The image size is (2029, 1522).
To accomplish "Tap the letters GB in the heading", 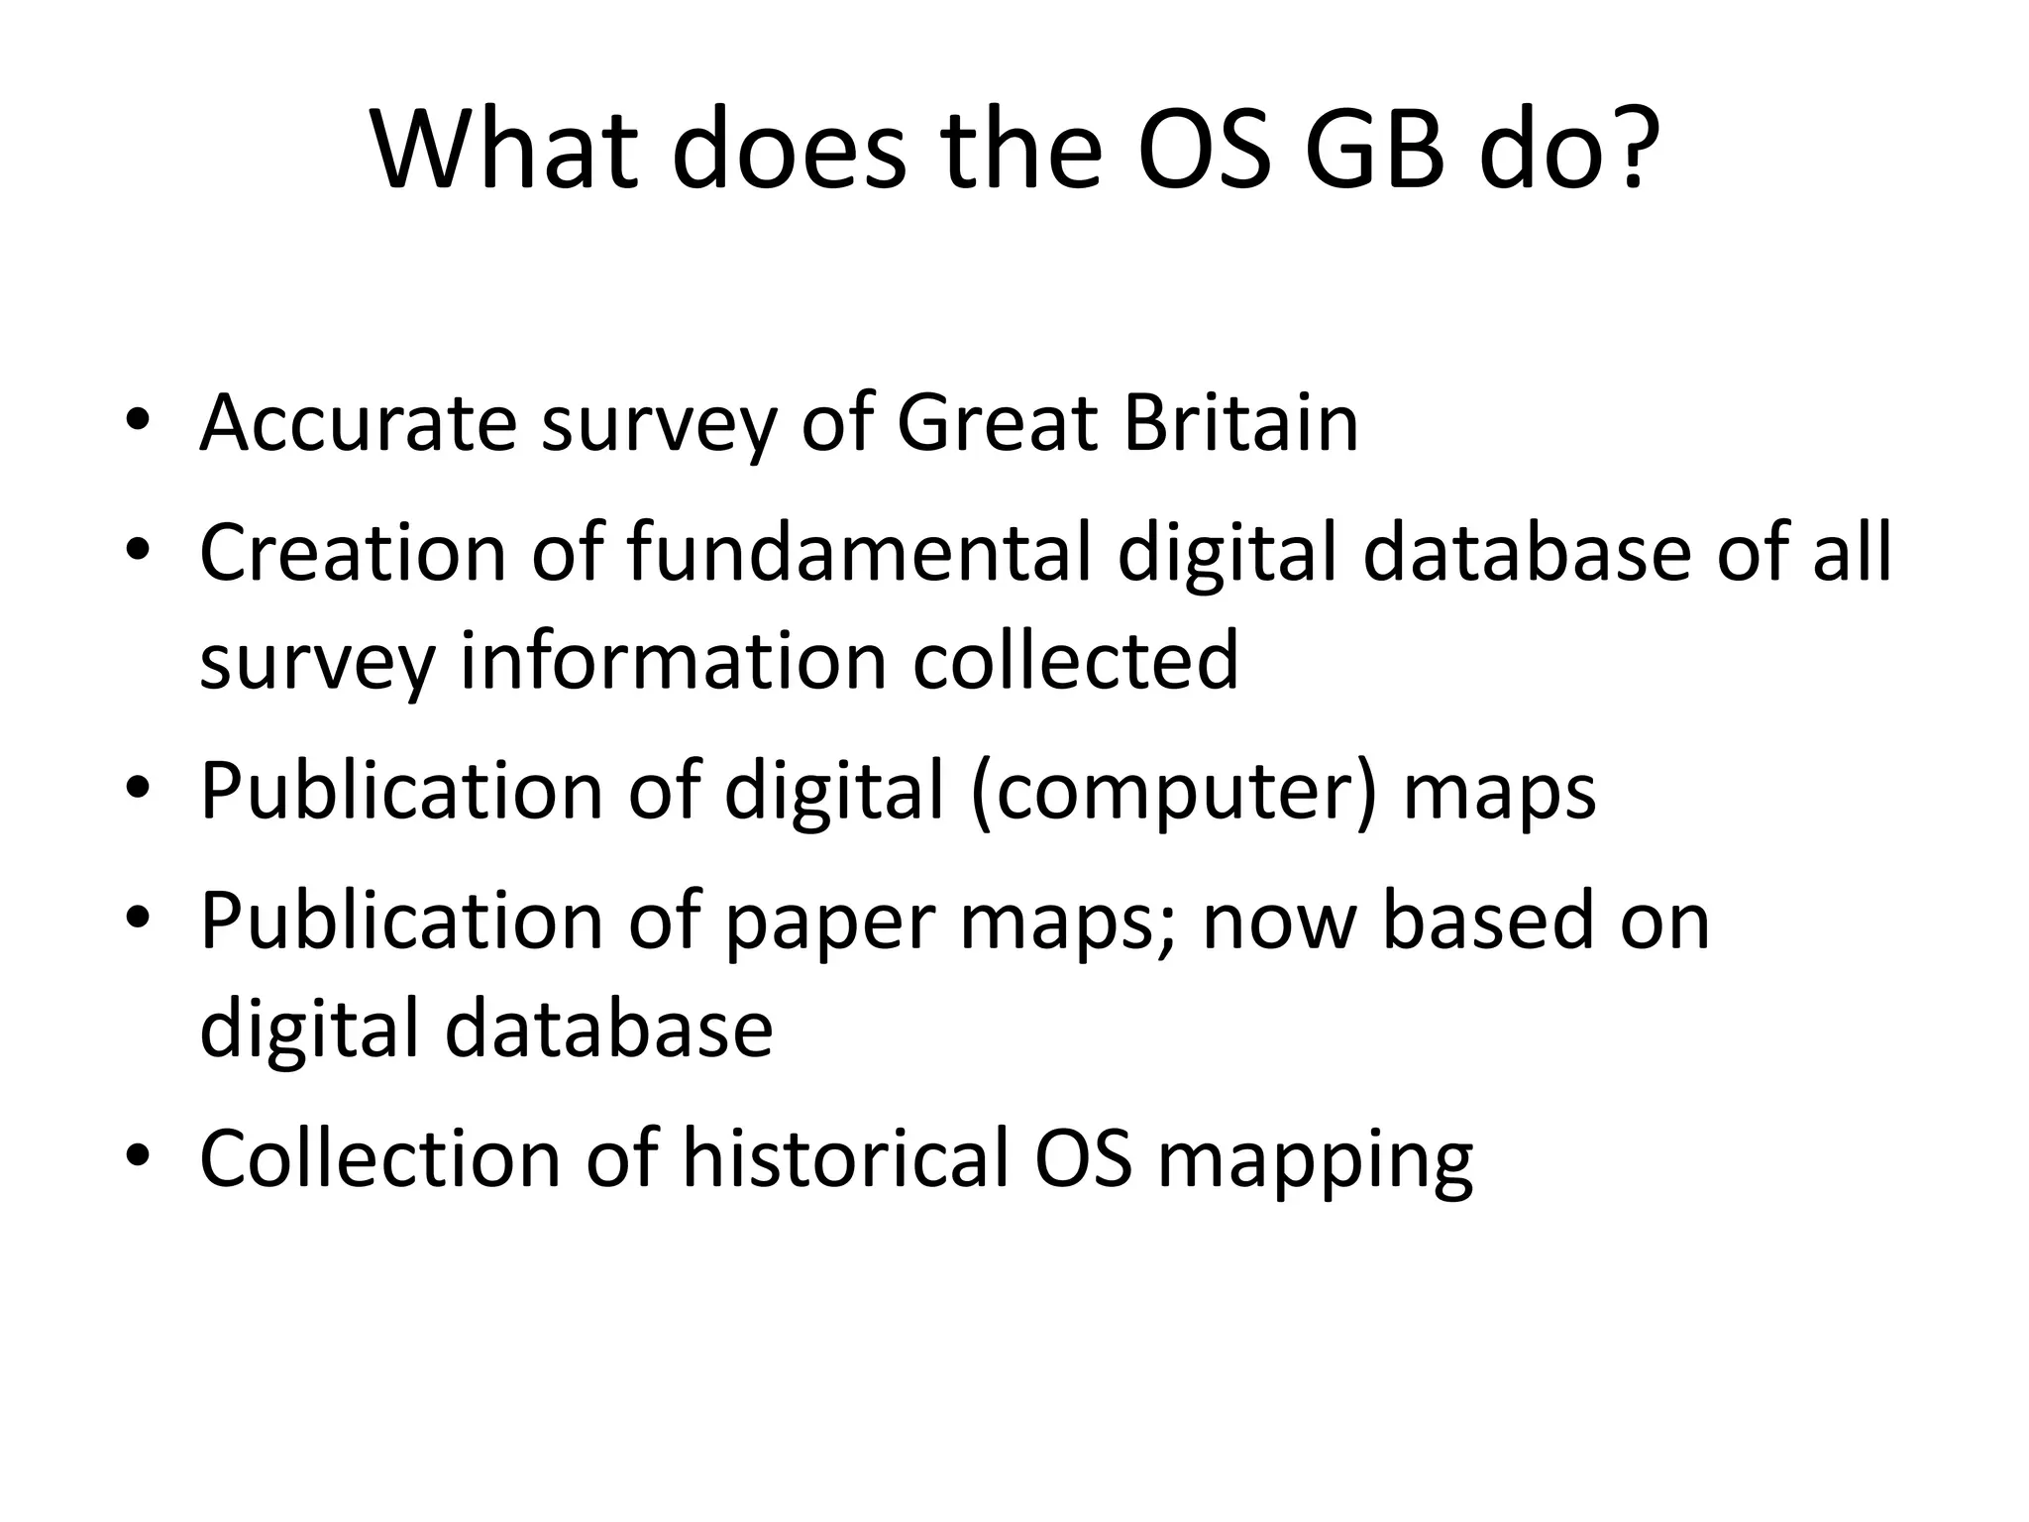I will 1375,152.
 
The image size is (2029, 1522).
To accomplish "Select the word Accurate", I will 358,423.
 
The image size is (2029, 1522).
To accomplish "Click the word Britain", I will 1240,423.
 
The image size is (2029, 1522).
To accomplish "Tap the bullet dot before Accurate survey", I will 138,420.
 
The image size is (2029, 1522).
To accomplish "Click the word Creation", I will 353,552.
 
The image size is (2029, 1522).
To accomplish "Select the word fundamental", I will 859,552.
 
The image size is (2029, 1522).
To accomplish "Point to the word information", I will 674,661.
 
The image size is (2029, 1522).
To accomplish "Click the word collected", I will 1075,661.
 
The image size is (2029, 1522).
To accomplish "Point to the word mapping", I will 1316,1160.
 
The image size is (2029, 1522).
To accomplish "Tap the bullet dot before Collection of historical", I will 138,1155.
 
